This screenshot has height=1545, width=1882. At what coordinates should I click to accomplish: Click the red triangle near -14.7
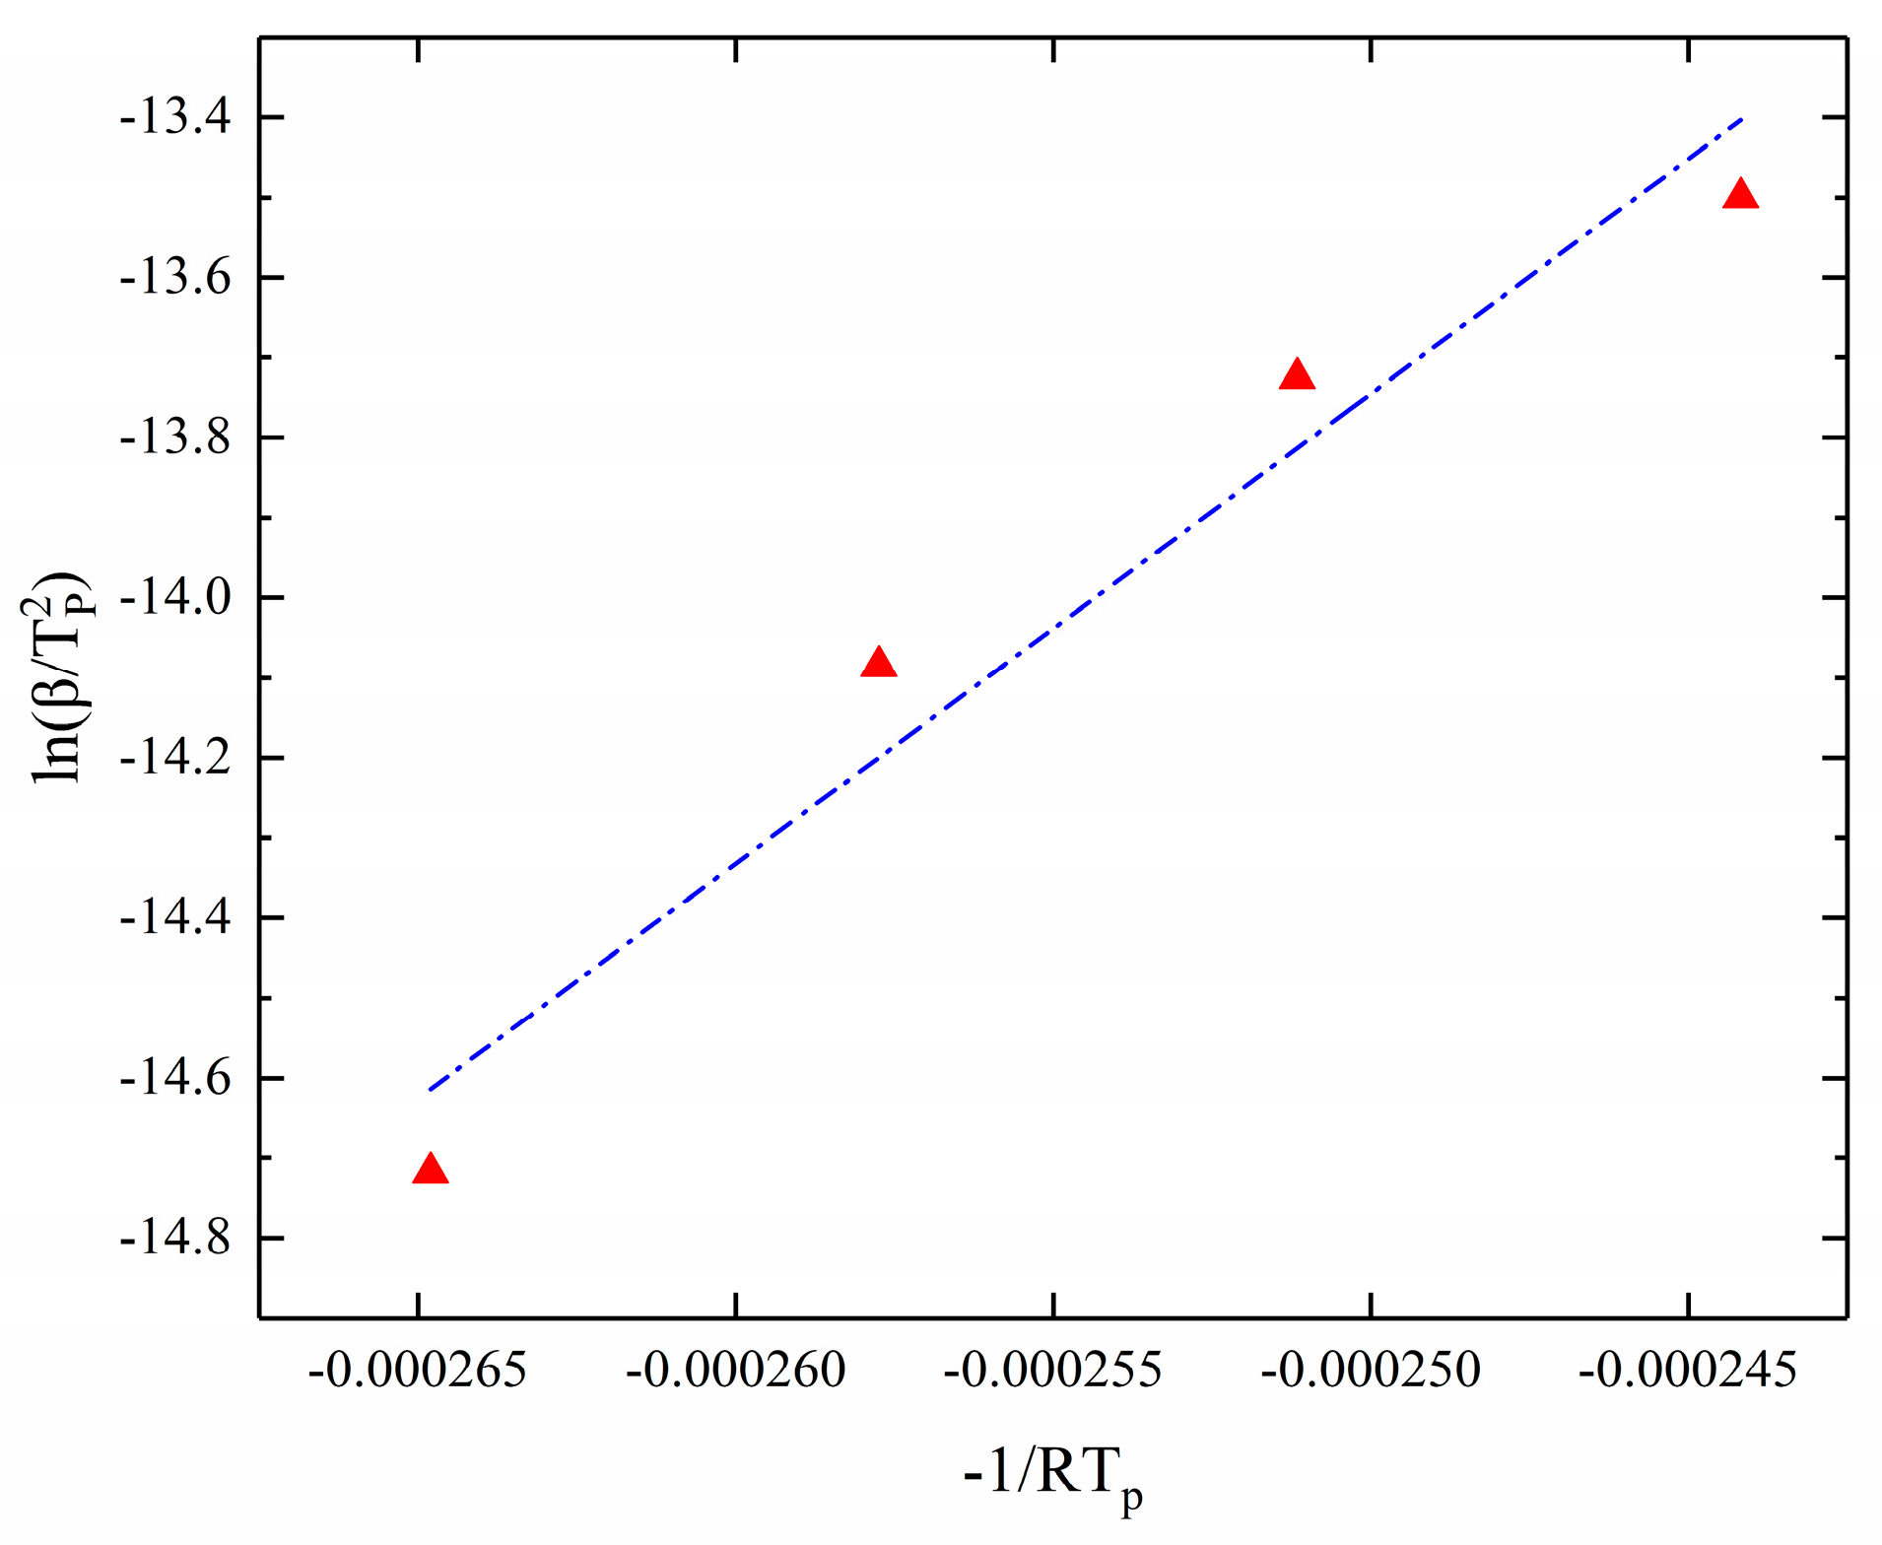tap(431, 1170)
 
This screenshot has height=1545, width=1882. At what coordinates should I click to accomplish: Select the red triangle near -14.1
tap(878, 663)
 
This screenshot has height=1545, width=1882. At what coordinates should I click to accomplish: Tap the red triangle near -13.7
tap(1297, 375)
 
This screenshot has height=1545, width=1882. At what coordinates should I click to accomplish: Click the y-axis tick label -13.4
tap(175, 119)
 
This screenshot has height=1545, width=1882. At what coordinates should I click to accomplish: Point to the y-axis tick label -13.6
tap(175, 279)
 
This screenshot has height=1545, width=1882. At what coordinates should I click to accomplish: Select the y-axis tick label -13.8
tap(175, 438)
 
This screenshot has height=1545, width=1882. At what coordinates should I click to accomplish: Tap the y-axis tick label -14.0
tap(175, 598)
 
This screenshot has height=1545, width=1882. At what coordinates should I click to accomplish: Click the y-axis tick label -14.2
tap(175, 759)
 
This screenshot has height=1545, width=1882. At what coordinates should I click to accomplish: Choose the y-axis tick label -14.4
tap(175, 918)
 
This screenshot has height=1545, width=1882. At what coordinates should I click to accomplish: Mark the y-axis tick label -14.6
tap(175, 1079)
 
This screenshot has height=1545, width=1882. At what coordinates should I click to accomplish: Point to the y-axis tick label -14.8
tap(175, 1239)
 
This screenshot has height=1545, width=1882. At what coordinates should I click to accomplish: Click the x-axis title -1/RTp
tap(1053, 1475)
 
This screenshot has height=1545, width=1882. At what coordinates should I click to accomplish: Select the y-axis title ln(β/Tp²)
tap(61, 677)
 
